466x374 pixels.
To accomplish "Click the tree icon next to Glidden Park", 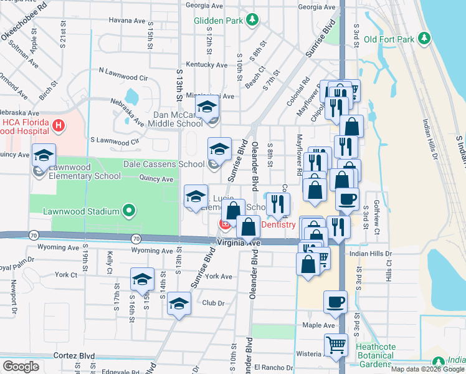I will pyautogui.click(x=252, y=21).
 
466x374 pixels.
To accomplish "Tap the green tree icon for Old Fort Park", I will pyautogui.click(x=424, y=39).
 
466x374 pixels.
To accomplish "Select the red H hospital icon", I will pyautogui.click(x=59, y=126).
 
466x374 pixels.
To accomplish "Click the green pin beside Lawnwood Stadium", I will pyautogui.click(x=129, y=211).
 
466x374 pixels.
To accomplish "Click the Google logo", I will pyautogui.click(x=21, y=366).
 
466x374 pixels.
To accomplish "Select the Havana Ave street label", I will pyautogui.click(x=127, y=21).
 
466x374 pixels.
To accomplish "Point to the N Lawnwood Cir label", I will pyautogui.click(x=123, y=79).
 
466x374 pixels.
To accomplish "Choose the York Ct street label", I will pyautogui.click(x=65, y=274).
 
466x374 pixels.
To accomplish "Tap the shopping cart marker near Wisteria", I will pyautogui.click(x=336, y=343).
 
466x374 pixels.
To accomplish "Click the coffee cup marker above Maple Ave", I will pyautogui.click(x=335, y=302).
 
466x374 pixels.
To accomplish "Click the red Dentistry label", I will pyautogui.click(x=278, y=224).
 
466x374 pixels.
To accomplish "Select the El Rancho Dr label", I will pyautogui.click(x=273, y=367).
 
